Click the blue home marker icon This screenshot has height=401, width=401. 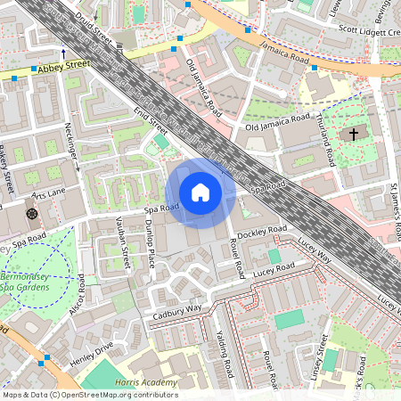point(200,192)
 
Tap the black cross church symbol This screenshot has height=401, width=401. point(353,135)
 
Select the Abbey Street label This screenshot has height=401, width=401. point(64,64)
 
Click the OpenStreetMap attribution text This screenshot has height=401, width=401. point(89,394)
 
